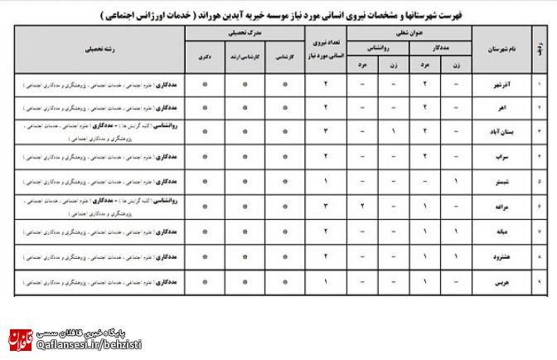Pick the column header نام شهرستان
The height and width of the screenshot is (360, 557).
pos(501,50)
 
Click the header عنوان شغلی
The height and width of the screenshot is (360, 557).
pos(409,33)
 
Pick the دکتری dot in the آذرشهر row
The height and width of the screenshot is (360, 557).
pos(204,85)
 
